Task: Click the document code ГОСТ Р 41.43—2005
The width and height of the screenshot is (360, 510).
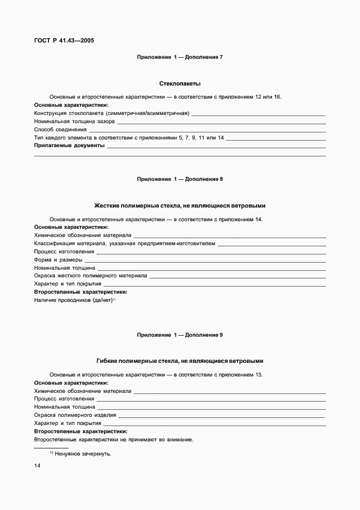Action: tap(64, 40)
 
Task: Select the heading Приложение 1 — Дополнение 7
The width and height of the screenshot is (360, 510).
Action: tap(180, 57)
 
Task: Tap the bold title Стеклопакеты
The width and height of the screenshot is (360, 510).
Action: tap(180, 84)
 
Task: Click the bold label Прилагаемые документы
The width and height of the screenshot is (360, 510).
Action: tap(69, 146)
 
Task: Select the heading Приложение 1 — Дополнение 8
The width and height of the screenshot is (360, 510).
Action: tap(180, 179)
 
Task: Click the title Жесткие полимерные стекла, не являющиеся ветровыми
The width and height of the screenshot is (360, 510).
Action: tap(180, 206)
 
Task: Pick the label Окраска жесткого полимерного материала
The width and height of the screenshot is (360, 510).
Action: tap(90, 276)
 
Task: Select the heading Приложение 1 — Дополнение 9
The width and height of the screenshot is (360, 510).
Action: tap(180, 335)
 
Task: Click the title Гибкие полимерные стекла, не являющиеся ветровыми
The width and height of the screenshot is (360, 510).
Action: tap(180, 361)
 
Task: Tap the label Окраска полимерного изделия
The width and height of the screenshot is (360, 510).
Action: tap(75, 415)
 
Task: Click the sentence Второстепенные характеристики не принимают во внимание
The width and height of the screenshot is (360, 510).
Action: tap(113, 439)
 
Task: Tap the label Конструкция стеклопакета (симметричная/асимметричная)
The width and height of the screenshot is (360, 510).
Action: tap(112, 113)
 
